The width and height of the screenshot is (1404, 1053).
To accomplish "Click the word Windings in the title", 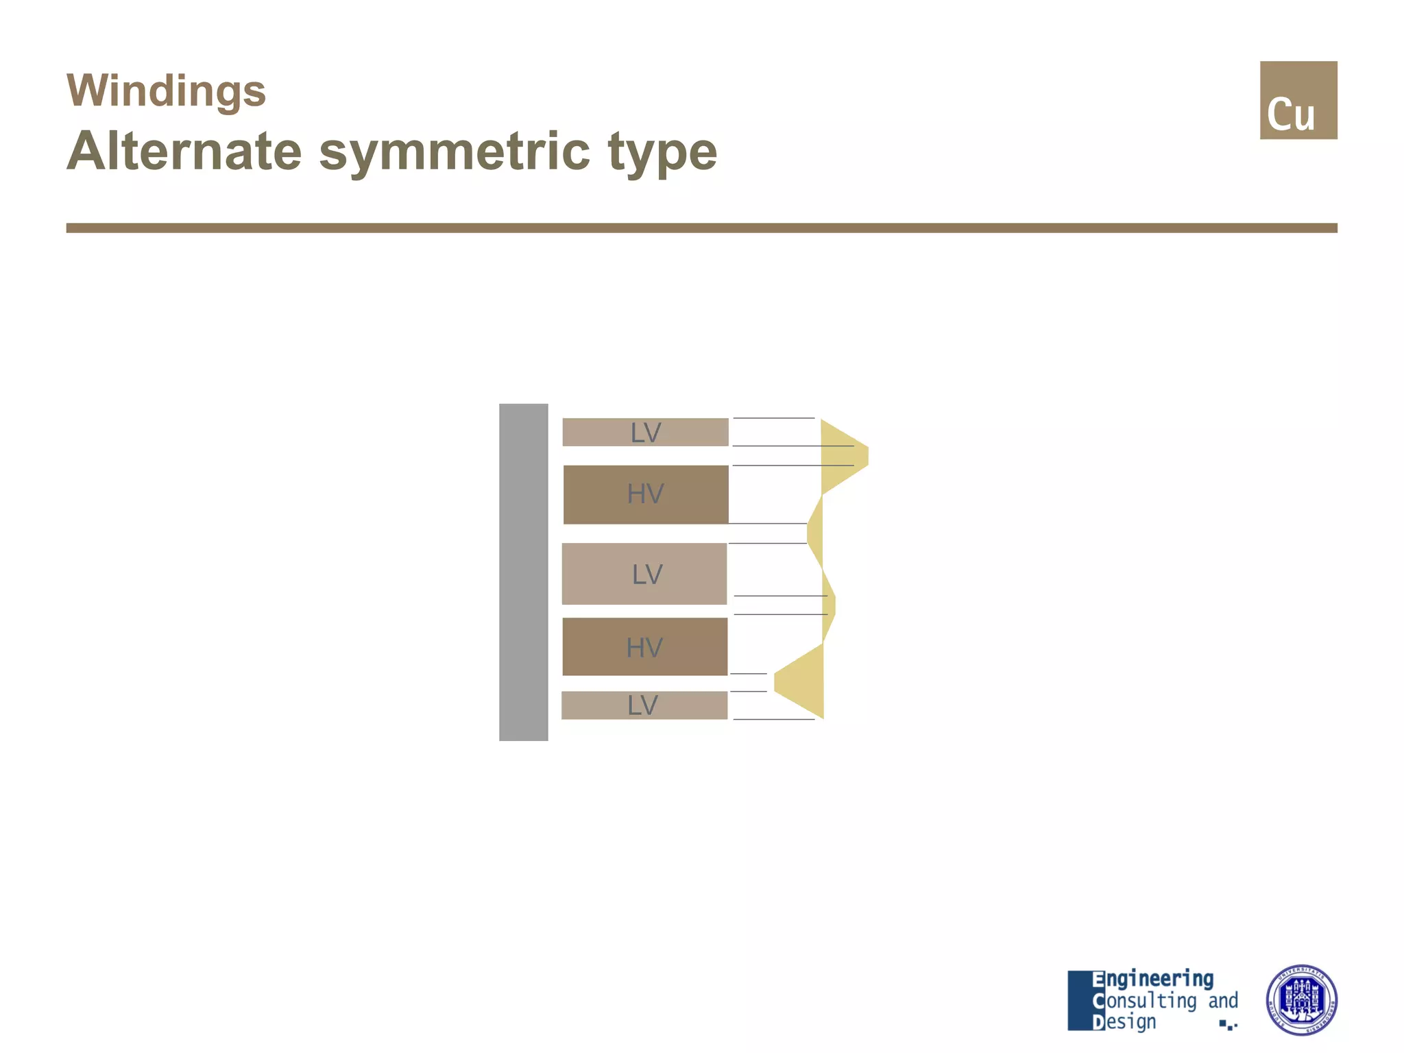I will point(166,90).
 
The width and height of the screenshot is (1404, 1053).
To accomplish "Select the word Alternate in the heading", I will point(184,152).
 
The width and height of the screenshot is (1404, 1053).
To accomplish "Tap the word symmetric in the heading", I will point(454,152).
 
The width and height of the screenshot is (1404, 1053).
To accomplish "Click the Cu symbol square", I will point(1298,100).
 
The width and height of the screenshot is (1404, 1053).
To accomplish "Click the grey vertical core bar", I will point(523,572).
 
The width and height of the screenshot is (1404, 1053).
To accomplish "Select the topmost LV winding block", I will point(645,432).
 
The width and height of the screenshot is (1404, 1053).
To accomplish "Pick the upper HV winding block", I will point(645,494).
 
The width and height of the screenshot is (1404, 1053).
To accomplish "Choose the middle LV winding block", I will point(644,574).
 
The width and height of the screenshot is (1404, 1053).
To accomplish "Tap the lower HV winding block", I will point(644,646).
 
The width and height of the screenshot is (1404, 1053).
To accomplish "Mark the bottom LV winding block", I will point(644,705).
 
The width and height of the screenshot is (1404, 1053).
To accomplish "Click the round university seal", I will point(1300,1000).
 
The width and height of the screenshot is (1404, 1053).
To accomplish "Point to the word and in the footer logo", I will point(1222,1001).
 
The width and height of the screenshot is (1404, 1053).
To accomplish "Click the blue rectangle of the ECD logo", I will point(1079,1000).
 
